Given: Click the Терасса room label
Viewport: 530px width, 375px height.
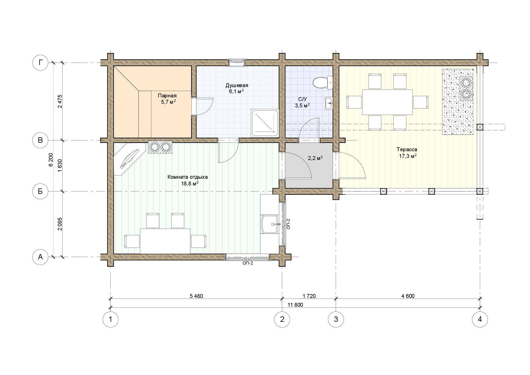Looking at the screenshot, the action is click(407, 149).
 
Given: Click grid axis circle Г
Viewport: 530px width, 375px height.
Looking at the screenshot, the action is click(40, 63).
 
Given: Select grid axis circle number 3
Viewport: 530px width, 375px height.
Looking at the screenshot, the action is click(336, 319).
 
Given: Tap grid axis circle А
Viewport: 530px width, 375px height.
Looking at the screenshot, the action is click(40, 257).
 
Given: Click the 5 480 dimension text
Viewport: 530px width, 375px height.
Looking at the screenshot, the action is click(196, 296).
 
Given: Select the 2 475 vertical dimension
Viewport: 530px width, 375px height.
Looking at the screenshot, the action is click(60, 102).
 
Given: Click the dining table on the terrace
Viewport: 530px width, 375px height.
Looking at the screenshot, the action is click(387, 102).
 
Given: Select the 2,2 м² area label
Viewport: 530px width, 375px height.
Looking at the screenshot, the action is click(315, 158).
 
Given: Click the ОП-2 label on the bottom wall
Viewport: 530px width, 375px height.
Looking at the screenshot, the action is click(247, 263).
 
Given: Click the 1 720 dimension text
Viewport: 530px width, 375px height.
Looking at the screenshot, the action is click(309, 296).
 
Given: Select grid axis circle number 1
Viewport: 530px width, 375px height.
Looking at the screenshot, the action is click(110, 319).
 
